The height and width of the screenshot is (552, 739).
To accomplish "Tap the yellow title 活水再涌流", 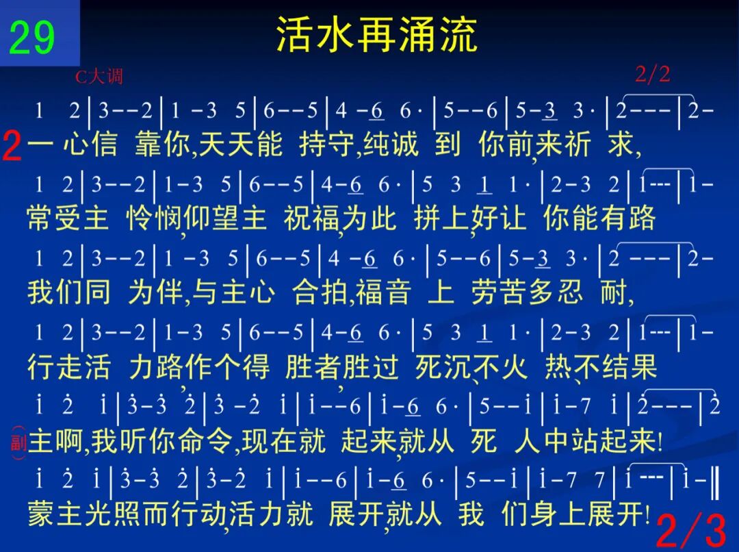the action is click(x=376, y=34).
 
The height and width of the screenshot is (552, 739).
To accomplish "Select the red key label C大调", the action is click(x=99, y=77).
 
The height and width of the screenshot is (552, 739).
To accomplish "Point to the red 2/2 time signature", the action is click(x=652, y=74).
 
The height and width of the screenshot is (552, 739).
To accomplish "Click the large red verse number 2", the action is click(x=12, y=147).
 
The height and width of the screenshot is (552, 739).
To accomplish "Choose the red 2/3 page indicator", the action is click(x=691, y=530).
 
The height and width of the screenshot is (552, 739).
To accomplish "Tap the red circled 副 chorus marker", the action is click(x=18, y=442).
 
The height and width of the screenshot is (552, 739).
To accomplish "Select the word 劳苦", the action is click(x=499, y=292).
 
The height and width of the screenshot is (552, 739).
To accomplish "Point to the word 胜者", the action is click(x=313, y=366).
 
